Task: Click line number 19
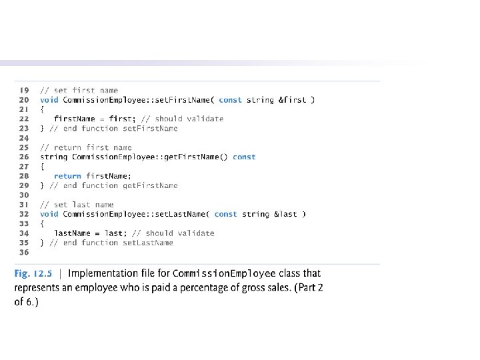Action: (x=24, y=90)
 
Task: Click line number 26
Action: (x=24, y=157)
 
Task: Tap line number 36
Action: (x=24, y=253)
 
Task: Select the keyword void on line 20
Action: (x=49, y=100)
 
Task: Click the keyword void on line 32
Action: (x=49, y=214)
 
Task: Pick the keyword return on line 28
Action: (x=68, y=176)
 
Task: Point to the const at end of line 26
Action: (x=244, y=157)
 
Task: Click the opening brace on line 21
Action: (x=42, y=109)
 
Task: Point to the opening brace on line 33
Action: (x=42, y=224)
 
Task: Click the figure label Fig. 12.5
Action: (x=34, y=273)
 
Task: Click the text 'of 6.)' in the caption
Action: (x=27, y=302)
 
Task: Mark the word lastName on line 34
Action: (x=72, y=233)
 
